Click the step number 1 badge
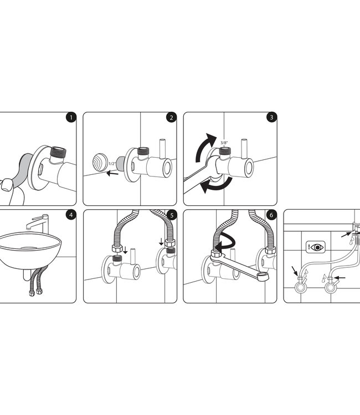tap(70, 118)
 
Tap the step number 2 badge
tap(171, 118)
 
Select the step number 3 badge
tap(271, 118)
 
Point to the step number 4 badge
tap(70, 215)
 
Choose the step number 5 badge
tap(171, 215)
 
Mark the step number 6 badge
tap(271, 215)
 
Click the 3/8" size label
tap(225, 142)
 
